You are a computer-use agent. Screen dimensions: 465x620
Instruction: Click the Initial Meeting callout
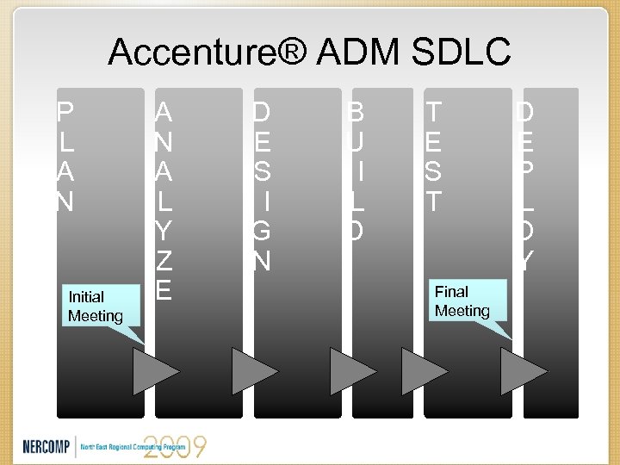click(96, 307)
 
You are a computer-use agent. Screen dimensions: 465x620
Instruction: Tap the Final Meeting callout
click(462, 301)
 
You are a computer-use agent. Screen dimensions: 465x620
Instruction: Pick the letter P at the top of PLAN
click(65, 112)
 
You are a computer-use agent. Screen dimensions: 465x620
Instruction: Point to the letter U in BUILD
click(356, 142)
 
